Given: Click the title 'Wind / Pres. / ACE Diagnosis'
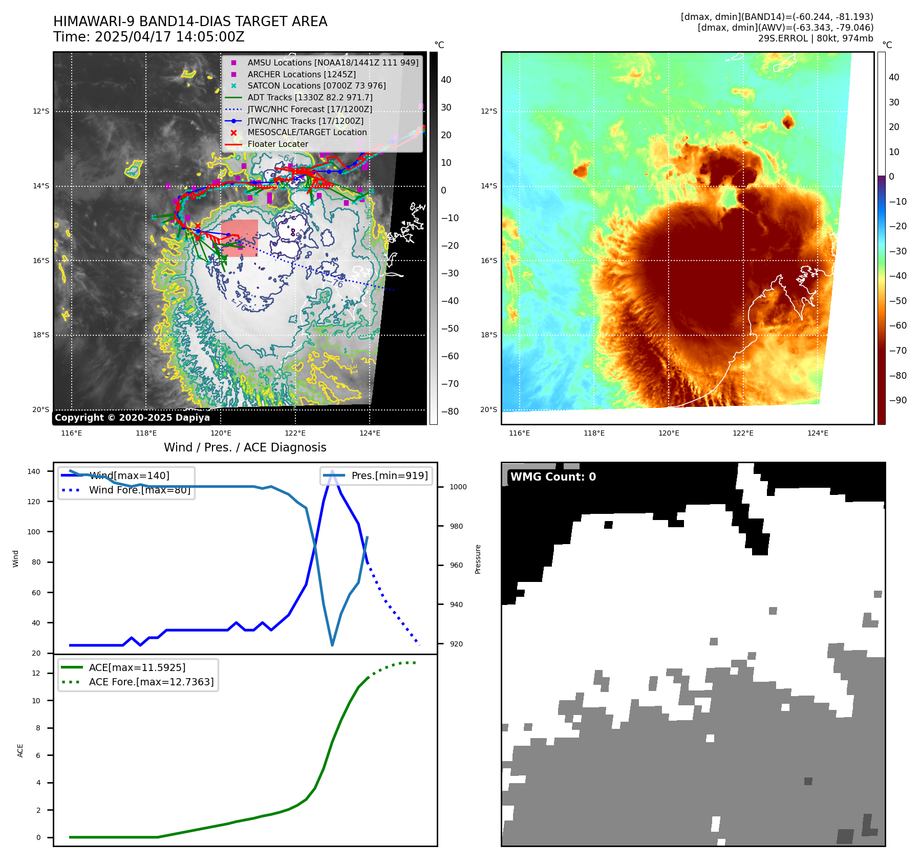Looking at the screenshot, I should click(245, 447).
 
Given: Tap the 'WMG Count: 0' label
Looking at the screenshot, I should click(553, 477).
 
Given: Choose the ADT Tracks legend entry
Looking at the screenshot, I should click(310, 97).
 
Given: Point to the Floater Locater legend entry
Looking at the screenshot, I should click(277, 144).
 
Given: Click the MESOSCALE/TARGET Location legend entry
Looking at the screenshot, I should click(307, 133).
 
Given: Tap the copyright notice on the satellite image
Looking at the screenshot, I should click(132, 418).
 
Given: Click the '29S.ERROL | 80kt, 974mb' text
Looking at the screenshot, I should click(816, 38).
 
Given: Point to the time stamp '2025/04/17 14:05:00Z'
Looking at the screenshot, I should click(169, 37).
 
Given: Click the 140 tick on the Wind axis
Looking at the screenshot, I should click(34, 471).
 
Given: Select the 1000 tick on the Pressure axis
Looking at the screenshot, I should click(458, 487).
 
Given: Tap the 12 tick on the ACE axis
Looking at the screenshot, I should click(36, 673).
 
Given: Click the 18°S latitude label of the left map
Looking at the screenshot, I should click(41, 335).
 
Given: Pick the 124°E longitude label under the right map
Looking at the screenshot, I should click(818, 434).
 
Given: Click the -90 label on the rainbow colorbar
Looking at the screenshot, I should click(897, 400).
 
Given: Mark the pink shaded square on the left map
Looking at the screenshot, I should click(240, 238).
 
